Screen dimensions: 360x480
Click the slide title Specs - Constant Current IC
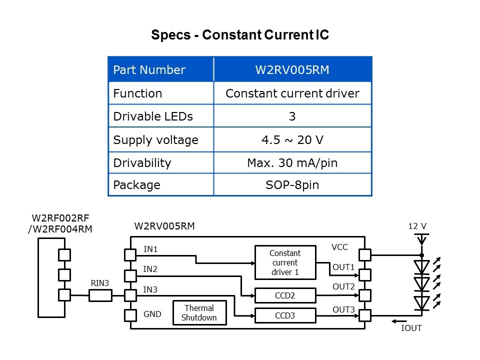click(240, 36)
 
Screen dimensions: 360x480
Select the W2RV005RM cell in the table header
click(292, 70)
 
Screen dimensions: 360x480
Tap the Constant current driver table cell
click(292, 93)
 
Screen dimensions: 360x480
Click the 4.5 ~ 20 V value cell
click(292, 140)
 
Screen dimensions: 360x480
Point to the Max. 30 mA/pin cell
click(292, 163)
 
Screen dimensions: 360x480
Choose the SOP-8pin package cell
click(292, 185)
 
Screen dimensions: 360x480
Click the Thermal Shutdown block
click(199, 313)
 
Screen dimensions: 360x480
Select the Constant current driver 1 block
click(285, 262)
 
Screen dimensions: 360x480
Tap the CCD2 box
click(285, 295)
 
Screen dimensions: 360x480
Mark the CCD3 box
click(285, 315)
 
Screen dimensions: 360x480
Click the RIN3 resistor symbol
click(100, 295)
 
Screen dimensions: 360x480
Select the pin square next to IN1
click(130, 255)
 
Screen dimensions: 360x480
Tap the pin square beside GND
click(130, 315)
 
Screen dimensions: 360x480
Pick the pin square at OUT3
click(365, 315)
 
